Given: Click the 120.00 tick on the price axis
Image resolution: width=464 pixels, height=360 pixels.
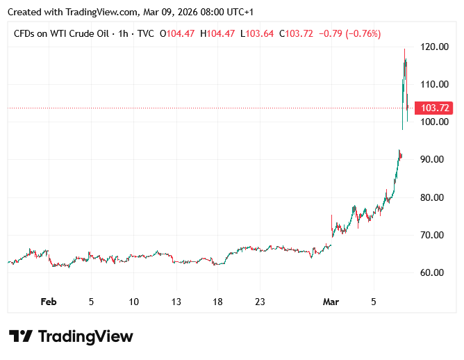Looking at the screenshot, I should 437,47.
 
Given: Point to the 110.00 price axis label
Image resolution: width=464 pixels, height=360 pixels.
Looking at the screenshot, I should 437,84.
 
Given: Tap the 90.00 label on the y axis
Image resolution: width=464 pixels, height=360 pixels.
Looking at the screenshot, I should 437,160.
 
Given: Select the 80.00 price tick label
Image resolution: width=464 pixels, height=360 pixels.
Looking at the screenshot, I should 437,197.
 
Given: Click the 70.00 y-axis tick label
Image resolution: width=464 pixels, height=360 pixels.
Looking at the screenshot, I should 437,235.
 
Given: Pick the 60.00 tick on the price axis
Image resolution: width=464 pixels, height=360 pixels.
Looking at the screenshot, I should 437,272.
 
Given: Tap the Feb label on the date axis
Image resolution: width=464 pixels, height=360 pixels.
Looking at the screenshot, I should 48,302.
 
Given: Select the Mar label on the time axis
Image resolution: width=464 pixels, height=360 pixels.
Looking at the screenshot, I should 331,302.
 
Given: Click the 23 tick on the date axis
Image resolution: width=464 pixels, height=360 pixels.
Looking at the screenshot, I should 260,302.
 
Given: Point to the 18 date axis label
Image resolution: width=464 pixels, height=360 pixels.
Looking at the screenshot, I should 217,302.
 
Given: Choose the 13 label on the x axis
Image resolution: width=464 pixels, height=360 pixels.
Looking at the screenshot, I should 176,302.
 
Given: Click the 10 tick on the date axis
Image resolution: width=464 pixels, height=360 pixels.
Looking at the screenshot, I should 133,302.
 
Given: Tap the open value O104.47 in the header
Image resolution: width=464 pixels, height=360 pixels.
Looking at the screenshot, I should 178,33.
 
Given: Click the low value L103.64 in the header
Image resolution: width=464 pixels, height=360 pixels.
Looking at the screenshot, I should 257,33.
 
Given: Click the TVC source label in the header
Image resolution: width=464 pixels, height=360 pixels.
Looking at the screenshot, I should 145,33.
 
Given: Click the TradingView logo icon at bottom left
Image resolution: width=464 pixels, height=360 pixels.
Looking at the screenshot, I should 21,336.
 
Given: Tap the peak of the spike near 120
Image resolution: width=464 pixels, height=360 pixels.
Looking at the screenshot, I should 405,49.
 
